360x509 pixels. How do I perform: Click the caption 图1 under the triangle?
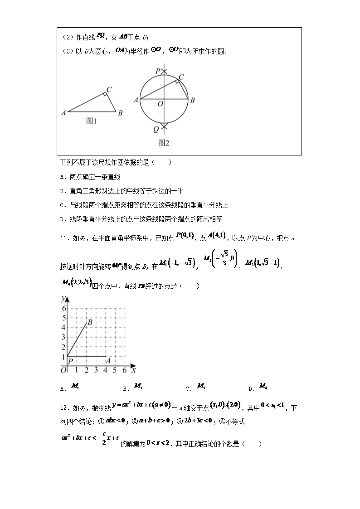point(92,121)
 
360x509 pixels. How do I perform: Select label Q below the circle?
point(156,129)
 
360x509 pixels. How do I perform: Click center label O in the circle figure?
point(160,104)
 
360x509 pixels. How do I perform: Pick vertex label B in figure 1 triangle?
point(120,113)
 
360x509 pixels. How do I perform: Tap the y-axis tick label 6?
point(64,308)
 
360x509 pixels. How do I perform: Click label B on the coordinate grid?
point(90,322)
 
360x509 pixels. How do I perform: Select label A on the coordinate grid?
point(108,361)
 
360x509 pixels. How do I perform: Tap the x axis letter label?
point(134,370)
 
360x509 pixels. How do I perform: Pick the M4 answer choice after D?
point(263,386)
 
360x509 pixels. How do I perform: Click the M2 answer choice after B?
point(138,386)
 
